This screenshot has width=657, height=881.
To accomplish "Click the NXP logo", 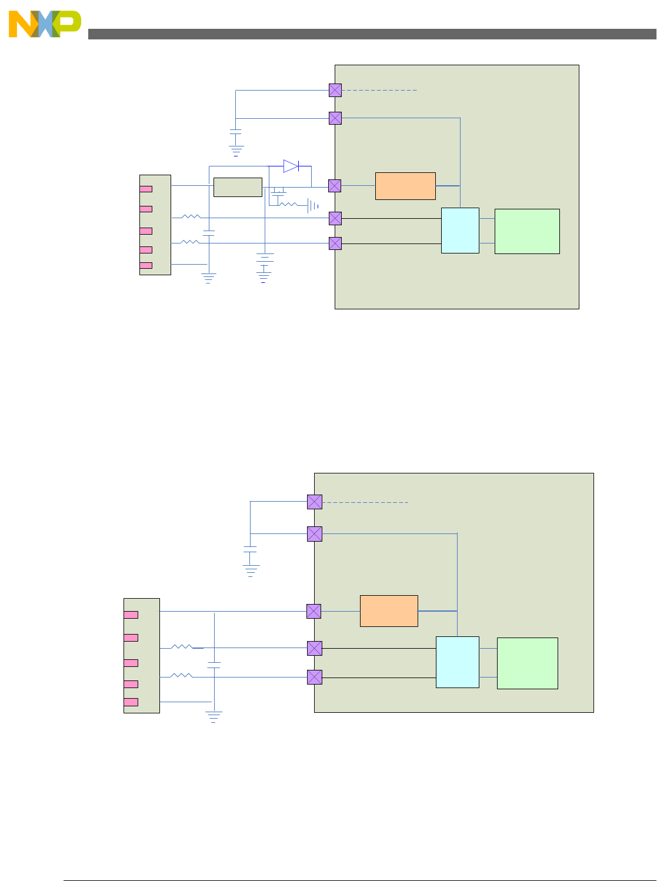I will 45,24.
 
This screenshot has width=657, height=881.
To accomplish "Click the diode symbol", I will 291,166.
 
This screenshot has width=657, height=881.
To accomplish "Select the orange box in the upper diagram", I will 405,186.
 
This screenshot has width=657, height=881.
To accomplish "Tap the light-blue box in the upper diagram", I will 460,231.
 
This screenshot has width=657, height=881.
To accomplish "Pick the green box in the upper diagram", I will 527,231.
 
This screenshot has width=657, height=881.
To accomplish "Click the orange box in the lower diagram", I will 389,611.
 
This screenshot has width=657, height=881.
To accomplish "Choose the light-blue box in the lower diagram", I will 457,662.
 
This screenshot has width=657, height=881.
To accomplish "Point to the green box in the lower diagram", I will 527,663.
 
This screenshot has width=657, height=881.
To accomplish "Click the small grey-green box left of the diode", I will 238,187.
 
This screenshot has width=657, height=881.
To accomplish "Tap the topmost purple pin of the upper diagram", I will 335,90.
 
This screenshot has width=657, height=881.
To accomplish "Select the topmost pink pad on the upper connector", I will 146,189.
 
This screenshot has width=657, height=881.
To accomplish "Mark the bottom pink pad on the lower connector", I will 131,702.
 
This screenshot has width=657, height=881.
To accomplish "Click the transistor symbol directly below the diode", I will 278,191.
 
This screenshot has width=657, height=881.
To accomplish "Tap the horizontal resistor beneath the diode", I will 288,205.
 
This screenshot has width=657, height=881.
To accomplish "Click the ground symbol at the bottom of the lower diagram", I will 214,717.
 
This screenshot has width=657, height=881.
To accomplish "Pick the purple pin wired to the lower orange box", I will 314,611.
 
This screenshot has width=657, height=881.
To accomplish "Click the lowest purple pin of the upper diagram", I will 335,243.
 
